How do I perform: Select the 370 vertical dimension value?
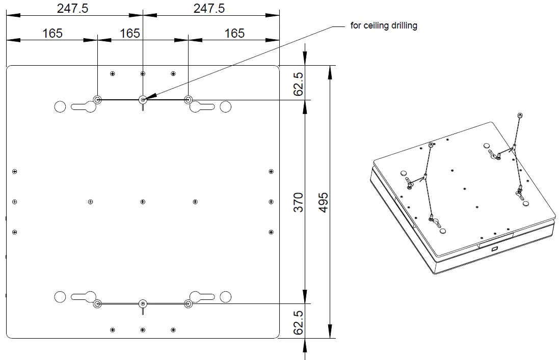tap(299, 202)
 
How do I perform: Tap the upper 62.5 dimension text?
tap(299, 83)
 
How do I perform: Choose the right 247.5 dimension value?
tap(208, 8)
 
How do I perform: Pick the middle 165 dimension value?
tap(129, 33)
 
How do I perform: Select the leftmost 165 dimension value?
tap(52, 33)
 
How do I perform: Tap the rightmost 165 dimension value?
tap(234, 33)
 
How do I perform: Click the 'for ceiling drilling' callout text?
tap(384, 25)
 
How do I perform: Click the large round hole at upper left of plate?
tap(60, 106)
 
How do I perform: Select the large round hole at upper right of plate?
tap(226, 106)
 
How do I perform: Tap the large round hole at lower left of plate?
tap(60, 296)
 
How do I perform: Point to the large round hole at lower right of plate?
tap(226, 296)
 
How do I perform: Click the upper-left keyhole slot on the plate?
tap(85, 107)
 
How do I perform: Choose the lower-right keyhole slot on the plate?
tap(201, 296)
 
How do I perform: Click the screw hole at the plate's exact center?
tap(143, 202)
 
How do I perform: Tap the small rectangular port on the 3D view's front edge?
tap(494, 249)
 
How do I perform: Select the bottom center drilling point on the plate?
tap(143, 304)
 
